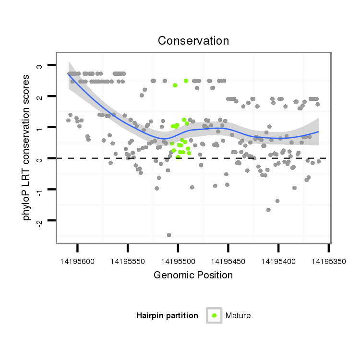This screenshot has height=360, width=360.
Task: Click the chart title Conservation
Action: [x=193, y=41]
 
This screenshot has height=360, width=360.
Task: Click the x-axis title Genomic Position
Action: [x=193, y=275]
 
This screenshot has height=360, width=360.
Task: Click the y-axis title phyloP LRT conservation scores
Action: [x=27, y=147]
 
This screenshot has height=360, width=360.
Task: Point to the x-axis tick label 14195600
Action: [x=78, y=261]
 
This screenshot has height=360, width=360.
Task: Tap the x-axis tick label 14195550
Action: [x=128, y=261]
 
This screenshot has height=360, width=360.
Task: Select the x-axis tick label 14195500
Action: [x=178, y=261]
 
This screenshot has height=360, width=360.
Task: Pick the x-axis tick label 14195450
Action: [x=228, y=261]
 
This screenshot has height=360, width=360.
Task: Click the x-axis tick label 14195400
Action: [x=278, y=261]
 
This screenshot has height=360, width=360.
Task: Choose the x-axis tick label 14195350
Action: [x=328, y=261]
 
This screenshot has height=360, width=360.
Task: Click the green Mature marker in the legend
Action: [x=214, y=315]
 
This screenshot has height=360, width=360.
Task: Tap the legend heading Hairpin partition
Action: [x=167, y=316]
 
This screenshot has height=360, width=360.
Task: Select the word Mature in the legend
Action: [x=238, y=316]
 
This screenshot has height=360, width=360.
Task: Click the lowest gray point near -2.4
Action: [x=169, y=235]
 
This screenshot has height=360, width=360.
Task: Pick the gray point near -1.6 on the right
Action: [x=268, y=210]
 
